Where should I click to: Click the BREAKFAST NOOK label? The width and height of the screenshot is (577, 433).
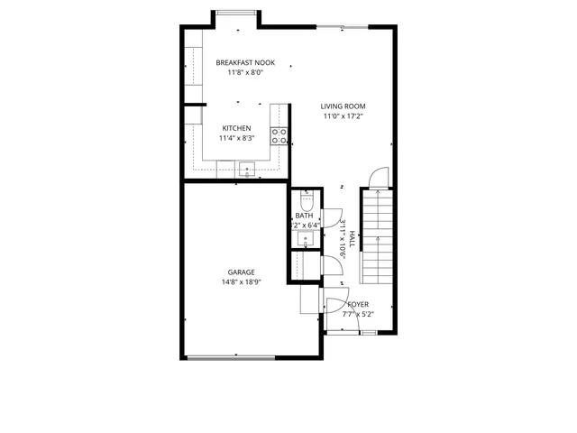pyautogui.click(x=245, y=63)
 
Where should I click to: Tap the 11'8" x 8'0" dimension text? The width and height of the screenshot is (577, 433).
pyautogui.click(x=245, y=73)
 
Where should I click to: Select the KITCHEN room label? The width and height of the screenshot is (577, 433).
pyautogui.click(x=236, y=128)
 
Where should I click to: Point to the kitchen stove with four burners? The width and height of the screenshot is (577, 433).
pyautogui.click(x=279, y=136)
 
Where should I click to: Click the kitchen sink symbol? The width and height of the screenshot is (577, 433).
pyautogui.click(x=248, y=167)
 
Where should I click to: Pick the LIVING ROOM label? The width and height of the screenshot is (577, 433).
pyautogui.click(x=343, y=106)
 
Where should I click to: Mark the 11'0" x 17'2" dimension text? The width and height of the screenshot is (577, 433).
pyautogui.click(x=343, y=116)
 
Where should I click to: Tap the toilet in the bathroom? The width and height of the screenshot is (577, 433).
pyautogui.click(x=307, y=201)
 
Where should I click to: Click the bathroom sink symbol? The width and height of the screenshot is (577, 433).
pyautogui.click(x=306, y=238)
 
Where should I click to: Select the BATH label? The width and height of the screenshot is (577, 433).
pyautogui.click(x=304, y=216)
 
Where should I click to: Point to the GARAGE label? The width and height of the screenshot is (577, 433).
pyautogui.click(x=240, y=272)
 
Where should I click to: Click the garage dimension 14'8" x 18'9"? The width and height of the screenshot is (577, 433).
pyautogui.click(x=240, y=281)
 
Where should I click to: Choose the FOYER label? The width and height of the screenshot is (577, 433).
pyautogui.click(x=358, y=305)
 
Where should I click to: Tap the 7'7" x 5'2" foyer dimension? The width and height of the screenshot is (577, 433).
pyautogui.click(x=358, y=315)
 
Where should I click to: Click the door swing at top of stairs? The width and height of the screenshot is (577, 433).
pyautogui.click(x=380, y=178)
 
